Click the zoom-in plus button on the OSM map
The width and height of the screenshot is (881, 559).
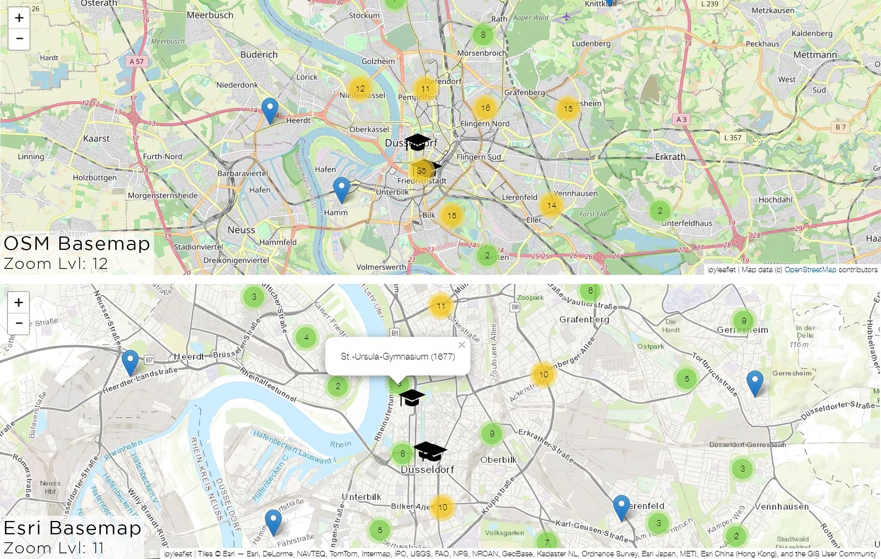[x=19, y=18]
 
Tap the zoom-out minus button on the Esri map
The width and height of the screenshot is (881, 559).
[x=19, y=323]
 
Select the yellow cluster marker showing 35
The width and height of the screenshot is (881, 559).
[x=421, y=171]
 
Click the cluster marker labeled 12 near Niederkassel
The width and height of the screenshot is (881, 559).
[x=360, y=89]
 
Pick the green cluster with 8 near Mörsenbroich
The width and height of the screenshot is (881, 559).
[x=483, y=35]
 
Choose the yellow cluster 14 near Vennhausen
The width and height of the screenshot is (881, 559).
[x=552, y=205]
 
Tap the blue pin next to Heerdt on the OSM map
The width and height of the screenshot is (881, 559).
[x=270, y=110]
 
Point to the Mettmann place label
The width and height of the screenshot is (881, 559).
[x=815, y=55]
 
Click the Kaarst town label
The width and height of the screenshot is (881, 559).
[x=96, y=138]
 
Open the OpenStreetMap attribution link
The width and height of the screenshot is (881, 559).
[x=810, y=270]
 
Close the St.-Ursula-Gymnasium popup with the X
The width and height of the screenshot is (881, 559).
[x=462, y=345]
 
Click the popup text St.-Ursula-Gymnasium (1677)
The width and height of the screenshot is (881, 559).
[x=398, y=357]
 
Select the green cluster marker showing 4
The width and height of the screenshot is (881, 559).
[x=306, y=337]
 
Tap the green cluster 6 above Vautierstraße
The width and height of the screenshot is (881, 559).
[x=590, y=291]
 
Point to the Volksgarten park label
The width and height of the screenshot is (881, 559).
[x=504, y=533]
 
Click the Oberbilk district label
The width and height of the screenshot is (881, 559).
[x=498, y=460]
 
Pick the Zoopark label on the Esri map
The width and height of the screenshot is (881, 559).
[x=530, y=297]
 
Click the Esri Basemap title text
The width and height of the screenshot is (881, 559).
[x=72, y=528]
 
